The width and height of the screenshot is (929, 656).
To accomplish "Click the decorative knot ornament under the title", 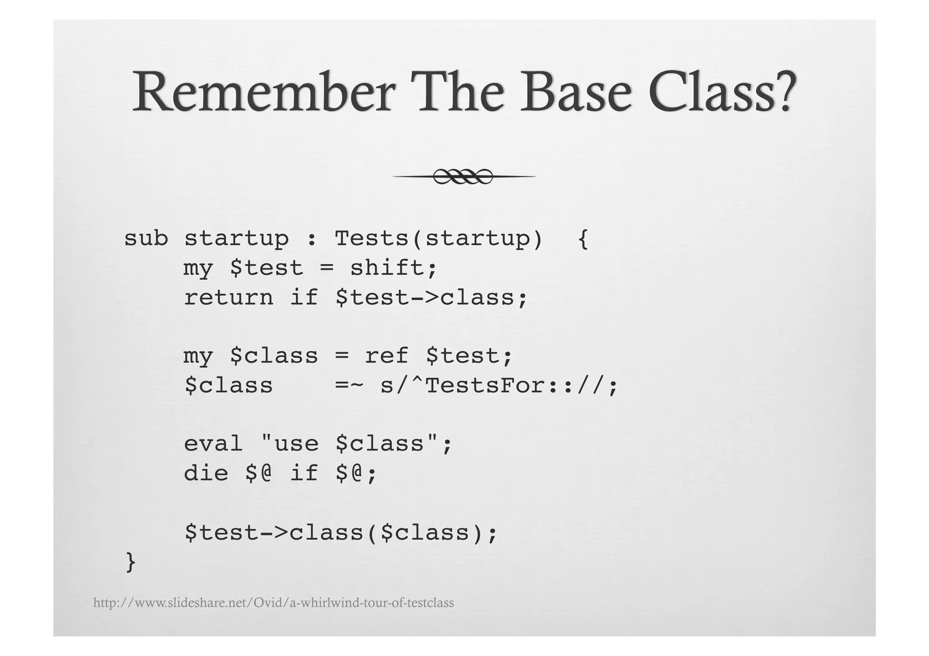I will pos(463,176).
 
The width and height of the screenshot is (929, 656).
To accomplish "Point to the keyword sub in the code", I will pos(146,238).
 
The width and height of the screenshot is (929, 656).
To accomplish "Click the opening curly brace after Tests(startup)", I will pos(583,239).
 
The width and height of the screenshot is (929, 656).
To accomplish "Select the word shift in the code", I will pos(387,268).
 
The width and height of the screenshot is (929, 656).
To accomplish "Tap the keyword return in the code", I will pos(229,298).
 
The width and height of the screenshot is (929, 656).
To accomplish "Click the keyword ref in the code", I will pos(387,356).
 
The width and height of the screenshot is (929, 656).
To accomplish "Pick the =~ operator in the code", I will pos(349,386).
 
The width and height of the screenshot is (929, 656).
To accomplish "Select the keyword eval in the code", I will pos(213,444).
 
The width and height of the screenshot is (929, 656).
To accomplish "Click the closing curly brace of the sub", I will pos(131,563).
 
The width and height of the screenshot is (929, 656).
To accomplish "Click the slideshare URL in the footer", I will pos(274,603).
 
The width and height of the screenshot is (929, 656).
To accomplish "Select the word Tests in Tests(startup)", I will pos(372,238).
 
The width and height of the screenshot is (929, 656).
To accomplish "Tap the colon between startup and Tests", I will pos(311,239).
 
